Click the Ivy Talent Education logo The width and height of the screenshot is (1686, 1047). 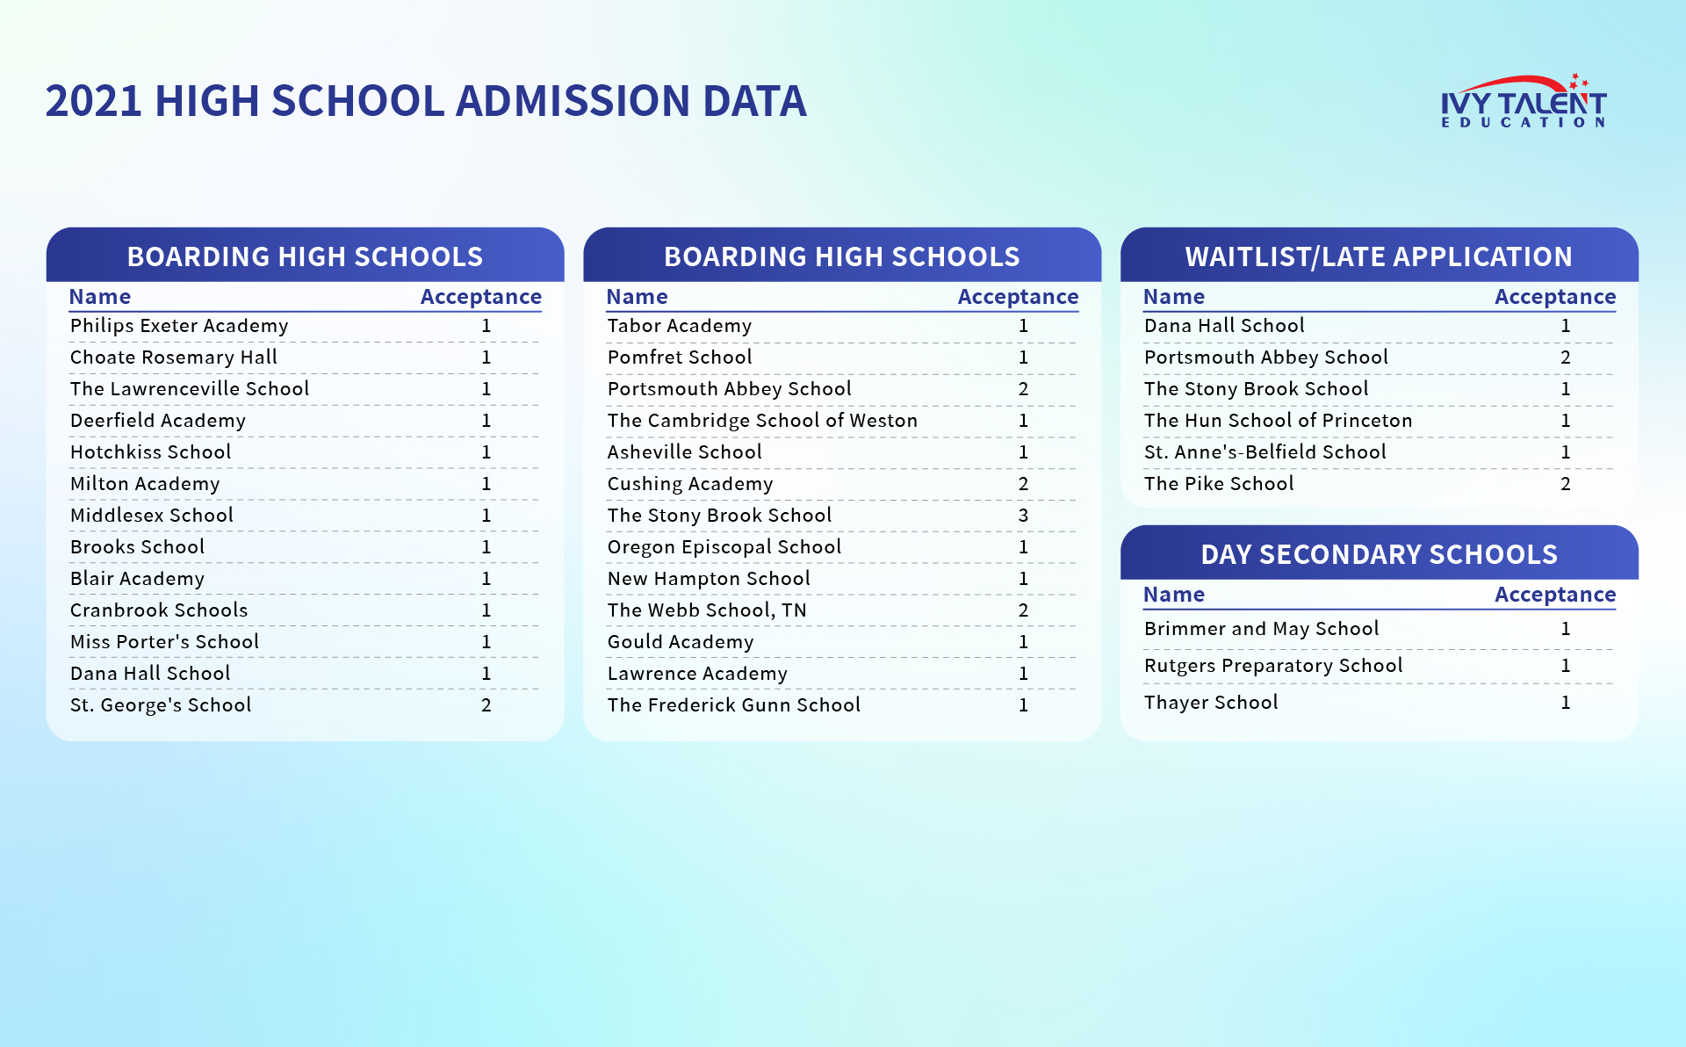(1524, 101)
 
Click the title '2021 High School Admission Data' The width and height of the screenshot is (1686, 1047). (426, 100)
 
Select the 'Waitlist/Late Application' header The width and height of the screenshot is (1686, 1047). (1379, 256)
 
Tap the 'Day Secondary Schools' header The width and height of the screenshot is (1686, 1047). (1379, 554)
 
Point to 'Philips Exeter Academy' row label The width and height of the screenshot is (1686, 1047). (179, 326)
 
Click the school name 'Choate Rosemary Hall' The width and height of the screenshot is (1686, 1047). (174, 357)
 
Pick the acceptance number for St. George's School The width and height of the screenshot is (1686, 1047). (486, 705)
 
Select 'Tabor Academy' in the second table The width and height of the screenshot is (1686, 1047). (680, 326)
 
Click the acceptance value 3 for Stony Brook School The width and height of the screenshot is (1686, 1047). (1023, 516)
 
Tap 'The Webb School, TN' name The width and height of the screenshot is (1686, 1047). (707, 610)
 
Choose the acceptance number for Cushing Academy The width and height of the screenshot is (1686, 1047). (1023, 484)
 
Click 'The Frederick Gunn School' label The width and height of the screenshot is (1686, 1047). (734, 705)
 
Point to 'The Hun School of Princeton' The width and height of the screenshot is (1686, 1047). (1279, 421)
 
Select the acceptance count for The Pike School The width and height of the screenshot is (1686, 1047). (1566, 484)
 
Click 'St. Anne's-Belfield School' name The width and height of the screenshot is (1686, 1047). (1265, 452)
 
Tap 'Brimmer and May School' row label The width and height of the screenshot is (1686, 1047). (1262, 629)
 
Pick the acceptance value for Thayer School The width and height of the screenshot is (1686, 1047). (1566, 703)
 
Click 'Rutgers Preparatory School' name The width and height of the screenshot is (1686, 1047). (1273, 666)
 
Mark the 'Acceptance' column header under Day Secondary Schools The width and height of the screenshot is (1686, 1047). (1555, 595)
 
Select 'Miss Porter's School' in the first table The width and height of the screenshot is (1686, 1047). (165, 642)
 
